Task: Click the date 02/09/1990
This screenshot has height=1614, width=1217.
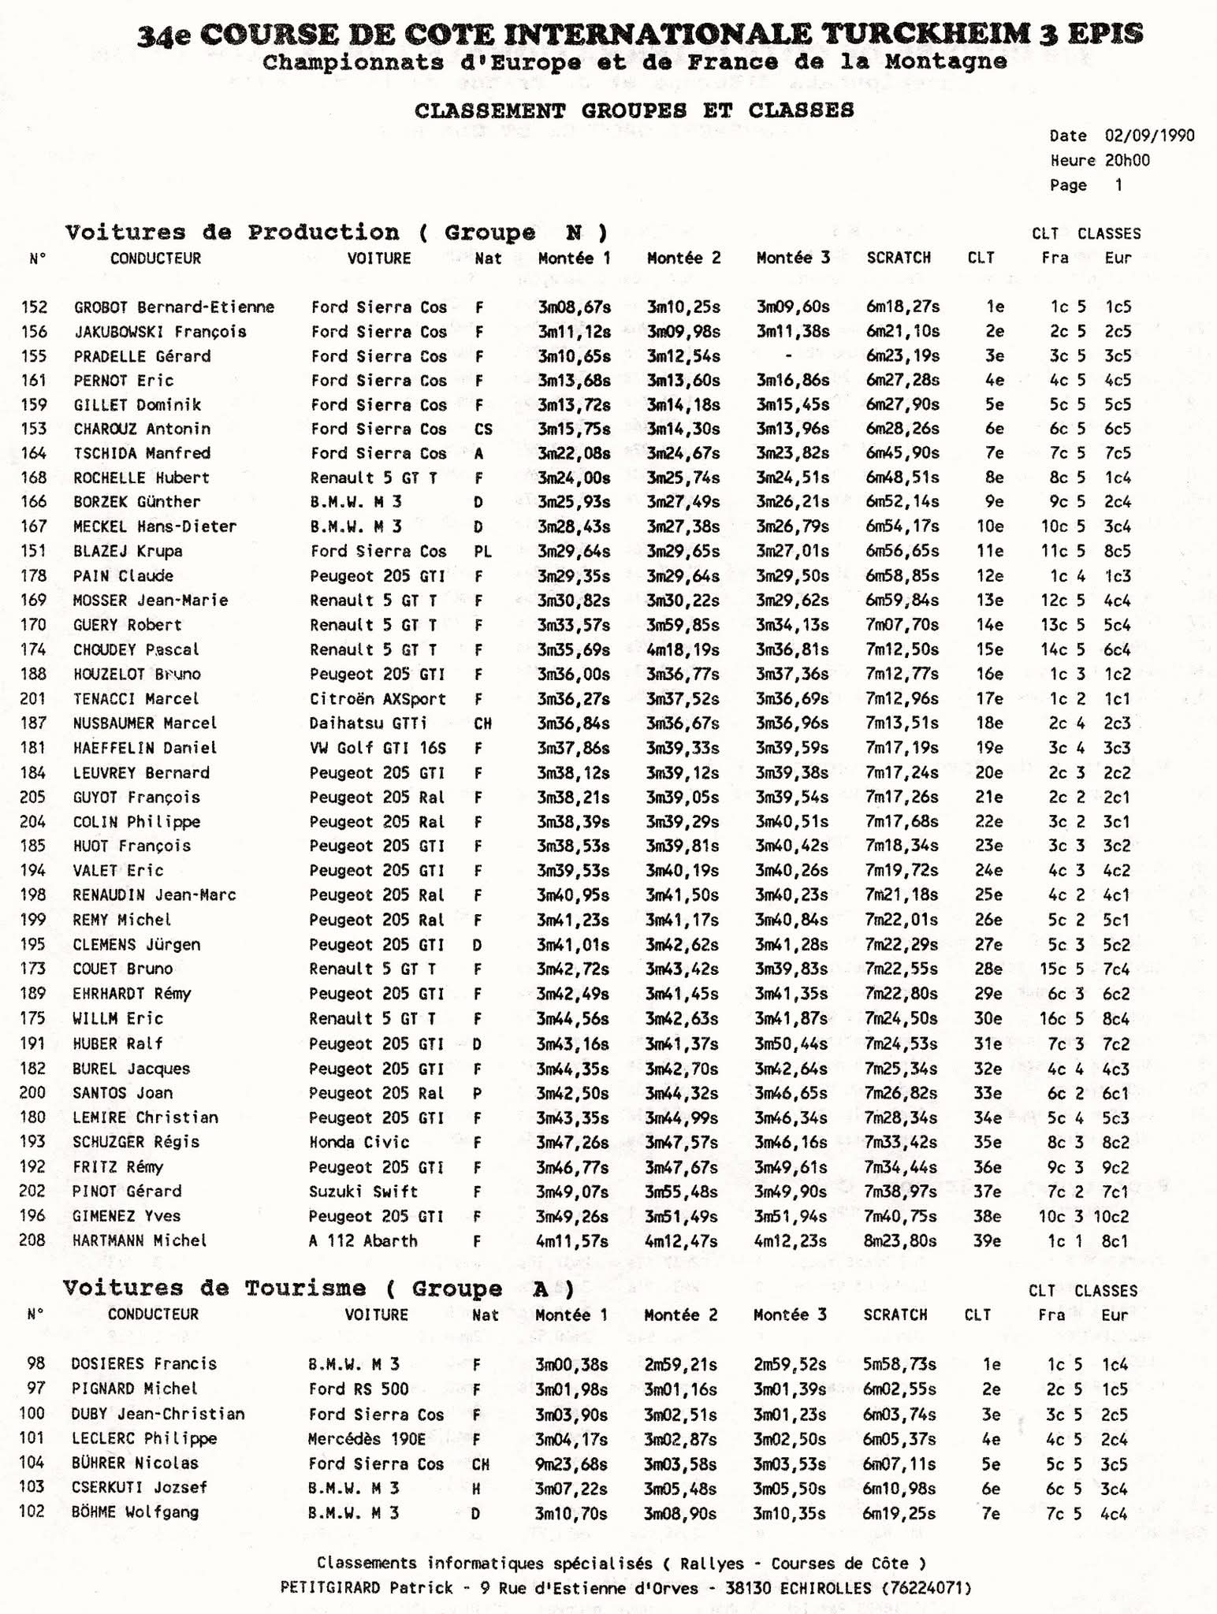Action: (x=1149, y=136)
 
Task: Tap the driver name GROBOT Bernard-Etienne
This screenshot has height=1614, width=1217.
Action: (x=174, y=307)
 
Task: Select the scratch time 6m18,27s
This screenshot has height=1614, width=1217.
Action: (x=903, y=307)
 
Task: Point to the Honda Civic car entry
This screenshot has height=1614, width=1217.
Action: (x=359, y=1142)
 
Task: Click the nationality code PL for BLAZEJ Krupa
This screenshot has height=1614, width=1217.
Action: (x=482, y=552)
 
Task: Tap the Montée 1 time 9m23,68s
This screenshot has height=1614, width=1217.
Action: (x=571, y=1463)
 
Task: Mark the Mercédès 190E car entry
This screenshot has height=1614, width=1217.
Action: (x=367, y=1439)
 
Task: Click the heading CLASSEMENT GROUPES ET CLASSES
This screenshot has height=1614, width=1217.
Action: (x=634, y=110)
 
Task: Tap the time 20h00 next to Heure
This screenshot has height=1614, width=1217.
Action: (x=1126, y=161)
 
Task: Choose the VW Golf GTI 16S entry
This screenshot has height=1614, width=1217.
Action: (x=378, y=748)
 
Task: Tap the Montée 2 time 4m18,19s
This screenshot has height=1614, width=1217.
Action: (x=683, y=650)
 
